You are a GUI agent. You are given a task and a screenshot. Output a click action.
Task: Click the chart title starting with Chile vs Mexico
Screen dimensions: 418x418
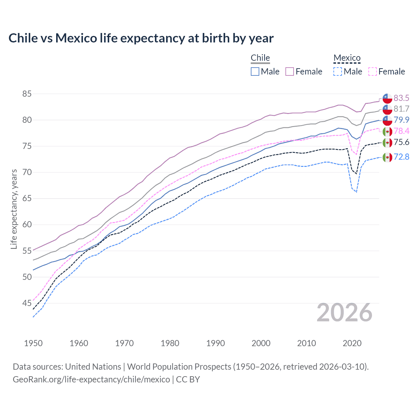point(141,38)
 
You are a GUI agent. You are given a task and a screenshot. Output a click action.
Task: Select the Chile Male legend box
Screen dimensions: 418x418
point(255,72)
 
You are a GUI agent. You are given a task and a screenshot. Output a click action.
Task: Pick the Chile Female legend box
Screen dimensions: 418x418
point(290,72)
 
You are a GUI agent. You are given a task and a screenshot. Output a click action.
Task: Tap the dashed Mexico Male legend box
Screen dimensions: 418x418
point(338,72)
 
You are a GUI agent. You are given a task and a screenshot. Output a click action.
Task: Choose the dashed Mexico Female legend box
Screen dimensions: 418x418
point(372,72)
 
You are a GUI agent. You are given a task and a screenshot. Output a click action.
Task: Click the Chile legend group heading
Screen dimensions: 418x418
point(260,58)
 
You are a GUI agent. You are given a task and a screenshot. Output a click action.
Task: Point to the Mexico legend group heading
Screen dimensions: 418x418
point(347,58)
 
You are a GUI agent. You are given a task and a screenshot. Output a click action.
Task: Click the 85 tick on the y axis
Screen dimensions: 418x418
point(27,94)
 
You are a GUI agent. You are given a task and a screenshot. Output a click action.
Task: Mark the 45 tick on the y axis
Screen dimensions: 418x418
point(27,303)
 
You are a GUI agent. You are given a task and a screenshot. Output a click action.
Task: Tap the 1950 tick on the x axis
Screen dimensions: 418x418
point(33,343)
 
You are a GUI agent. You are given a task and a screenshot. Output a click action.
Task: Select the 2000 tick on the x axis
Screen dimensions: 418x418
point(261,343)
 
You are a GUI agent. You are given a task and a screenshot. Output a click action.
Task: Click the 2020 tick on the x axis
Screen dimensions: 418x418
point(352,343)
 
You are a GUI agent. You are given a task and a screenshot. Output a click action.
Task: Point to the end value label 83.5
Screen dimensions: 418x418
point(401,98)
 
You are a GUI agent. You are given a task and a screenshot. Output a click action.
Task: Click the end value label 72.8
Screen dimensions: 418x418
point(401,157)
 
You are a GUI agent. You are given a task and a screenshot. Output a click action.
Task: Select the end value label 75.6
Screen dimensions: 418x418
point(401,142)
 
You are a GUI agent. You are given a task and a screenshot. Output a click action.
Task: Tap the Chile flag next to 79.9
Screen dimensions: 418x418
point(387,120)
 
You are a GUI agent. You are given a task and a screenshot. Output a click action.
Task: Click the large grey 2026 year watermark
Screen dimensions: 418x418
point(345,313)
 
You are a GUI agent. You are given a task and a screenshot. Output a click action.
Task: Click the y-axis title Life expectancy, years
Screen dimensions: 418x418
point(14,209)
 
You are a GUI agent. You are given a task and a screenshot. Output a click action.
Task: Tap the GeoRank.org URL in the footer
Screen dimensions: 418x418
point(91,379)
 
